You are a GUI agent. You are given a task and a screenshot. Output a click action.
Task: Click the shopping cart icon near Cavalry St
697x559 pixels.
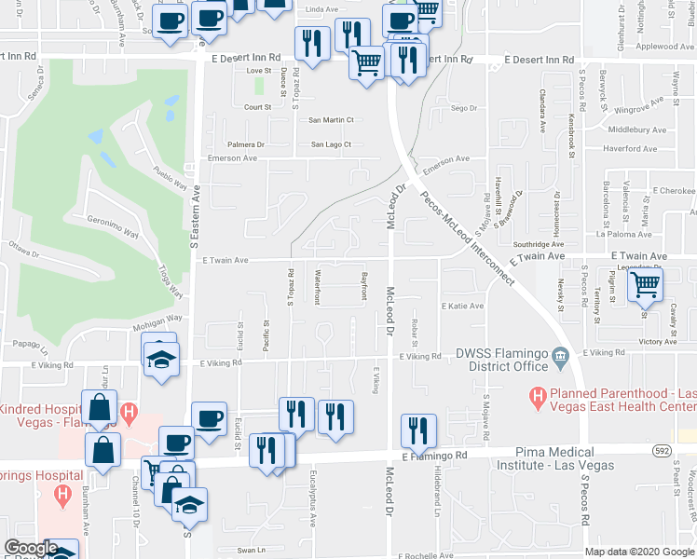645,286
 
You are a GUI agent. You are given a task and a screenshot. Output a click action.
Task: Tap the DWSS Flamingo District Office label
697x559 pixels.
501,360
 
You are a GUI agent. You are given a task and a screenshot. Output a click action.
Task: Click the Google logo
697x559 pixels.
31,548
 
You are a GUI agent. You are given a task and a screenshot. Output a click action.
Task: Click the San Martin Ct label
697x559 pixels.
332,120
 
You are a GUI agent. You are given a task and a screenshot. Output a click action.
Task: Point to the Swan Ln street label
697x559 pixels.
252,550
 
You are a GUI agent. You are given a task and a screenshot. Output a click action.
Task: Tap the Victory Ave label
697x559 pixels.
658,342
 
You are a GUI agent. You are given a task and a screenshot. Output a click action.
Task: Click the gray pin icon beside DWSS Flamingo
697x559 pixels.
560,354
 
